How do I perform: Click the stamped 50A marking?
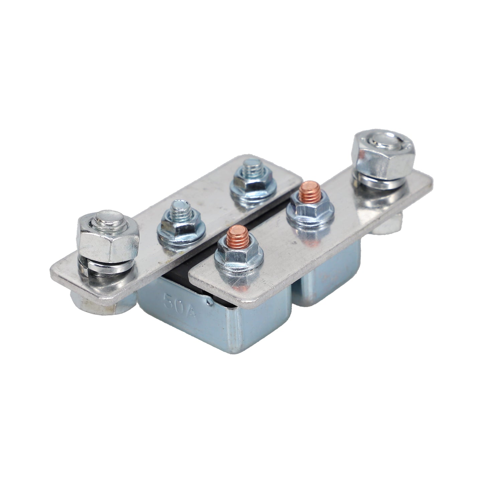pos(179,306)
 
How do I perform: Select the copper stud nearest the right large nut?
pos(310,192)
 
